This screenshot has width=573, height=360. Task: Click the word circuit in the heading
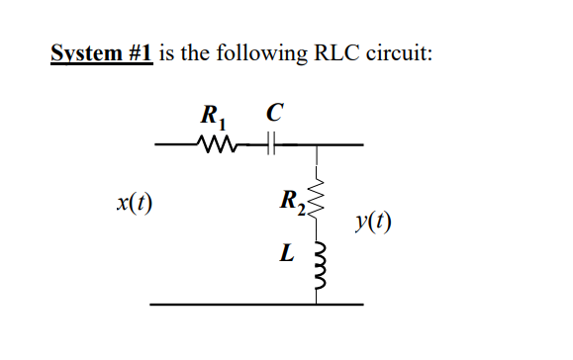(402, 54)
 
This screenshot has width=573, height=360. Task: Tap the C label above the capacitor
(270, 112)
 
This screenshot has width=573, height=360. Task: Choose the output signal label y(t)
(371, 223)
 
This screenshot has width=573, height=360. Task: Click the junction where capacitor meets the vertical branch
(318, 146)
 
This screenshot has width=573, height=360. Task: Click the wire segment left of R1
(176, 146)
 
